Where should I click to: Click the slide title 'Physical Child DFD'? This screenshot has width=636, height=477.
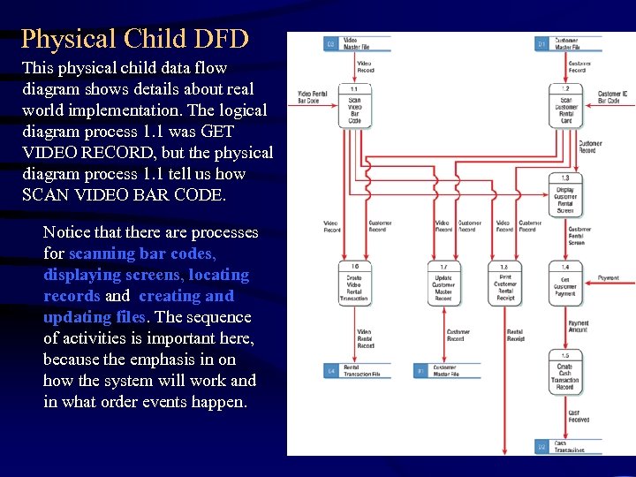(x=134, y=39)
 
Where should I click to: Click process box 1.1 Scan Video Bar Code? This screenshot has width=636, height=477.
(x=354, y=106)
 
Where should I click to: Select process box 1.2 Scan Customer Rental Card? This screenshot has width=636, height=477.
(x=566, y=106)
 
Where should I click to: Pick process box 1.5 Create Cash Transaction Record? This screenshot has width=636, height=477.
(x=566, y=374)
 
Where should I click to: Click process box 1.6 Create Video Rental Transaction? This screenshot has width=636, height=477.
(x=354, y=284)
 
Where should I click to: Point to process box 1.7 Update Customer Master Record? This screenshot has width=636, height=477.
(x=443, y=284)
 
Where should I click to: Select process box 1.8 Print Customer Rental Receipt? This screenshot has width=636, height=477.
(x=505, y=284)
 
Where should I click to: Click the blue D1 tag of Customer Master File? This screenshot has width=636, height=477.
(x=542, y=43)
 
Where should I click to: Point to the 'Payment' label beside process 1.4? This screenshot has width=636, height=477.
(x=609, y=278)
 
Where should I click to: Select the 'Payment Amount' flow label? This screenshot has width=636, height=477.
(x=579, y=327)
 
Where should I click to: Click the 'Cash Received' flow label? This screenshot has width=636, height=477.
(x=579, y=416)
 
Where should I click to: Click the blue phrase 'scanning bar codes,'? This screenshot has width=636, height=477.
(x=142, y=254)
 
